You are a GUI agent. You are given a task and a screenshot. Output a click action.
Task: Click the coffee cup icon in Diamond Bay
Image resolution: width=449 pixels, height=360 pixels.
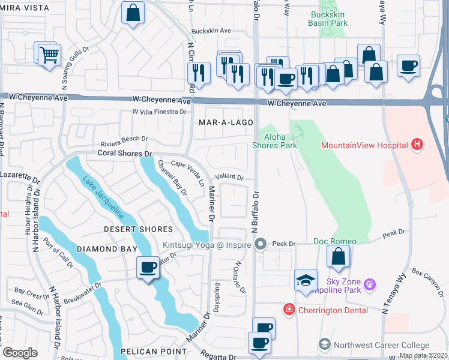(148, 267)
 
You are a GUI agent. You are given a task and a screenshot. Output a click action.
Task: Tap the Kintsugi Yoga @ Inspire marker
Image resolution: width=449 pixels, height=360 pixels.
(261, 244)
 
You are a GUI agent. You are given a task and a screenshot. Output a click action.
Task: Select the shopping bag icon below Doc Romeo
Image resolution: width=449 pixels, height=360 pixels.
(339, 256)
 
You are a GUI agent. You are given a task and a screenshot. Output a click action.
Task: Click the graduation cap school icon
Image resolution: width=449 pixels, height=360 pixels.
(306, 280)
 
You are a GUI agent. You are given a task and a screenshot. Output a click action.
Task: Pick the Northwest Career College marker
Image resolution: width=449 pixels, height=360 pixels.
(325, 344)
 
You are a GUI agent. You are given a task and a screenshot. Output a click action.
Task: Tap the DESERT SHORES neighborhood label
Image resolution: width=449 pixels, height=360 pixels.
(138, 229)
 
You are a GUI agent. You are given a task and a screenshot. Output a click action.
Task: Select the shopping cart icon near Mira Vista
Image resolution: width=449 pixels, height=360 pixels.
(49, 55)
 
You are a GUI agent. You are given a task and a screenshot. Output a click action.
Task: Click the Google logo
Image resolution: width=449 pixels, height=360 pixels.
(20, 352)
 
